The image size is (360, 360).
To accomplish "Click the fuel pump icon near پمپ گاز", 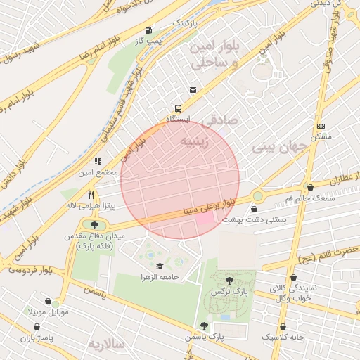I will (148, 31).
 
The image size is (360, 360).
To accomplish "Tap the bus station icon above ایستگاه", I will (178, 109).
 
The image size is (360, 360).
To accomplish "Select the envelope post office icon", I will (193, 90).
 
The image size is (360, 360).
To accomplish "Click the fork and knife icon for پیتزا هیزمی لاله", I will (91, 195).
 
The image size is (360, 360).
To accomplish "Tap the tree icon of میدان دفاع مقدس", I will (95, 224).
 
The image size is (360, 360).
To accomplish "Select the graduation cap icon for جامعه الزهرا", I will (160, 266).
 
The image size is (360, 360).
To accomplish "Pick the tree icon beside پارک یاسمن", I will (204, 326).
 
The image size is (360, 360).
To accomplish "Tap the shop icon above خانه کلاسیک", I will (283, 326).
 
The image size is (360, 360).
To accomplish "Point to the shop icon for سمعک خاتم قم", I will (310, 187).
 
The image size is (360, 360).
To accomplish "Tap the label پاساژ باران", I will (37, 338).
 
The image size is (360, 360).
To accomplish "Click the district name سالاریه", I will (105, 344).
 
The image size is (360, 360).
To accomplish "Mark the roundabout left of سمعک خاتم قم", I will (257, 195).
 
